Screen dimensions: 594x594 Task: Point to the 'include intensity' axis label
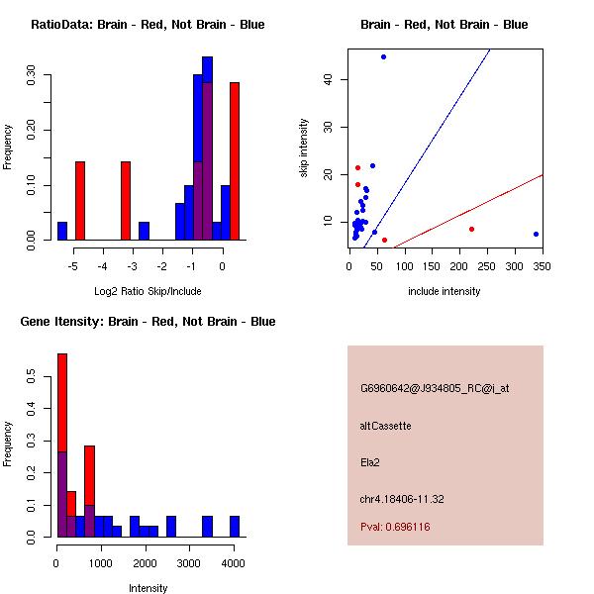click(x=445, y=291)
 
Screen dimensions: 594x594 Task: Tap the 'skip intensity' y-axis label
click(x=304, y=148)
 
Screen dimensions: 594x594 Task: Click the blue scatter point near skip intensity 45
click(x=383, y=56)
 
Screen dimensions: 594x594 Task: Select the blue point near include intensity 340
click(x=536, y=235)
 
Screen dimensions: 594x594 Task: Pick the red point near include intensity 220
click(x=471, y=229)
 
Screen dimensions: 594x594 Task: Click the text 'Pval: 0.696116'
click(x=395, y=528)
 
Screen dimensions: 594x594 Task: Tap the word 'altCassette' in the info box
click(x=385, y=426)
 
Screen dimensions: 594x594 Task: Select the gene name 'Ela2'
click(x=370, y=461)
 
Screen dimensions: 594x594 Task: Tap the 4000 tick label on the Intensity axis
click(x=234, y=562)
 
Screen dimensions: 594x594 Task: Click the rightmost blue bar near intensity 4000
click(x=235, y=526)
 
